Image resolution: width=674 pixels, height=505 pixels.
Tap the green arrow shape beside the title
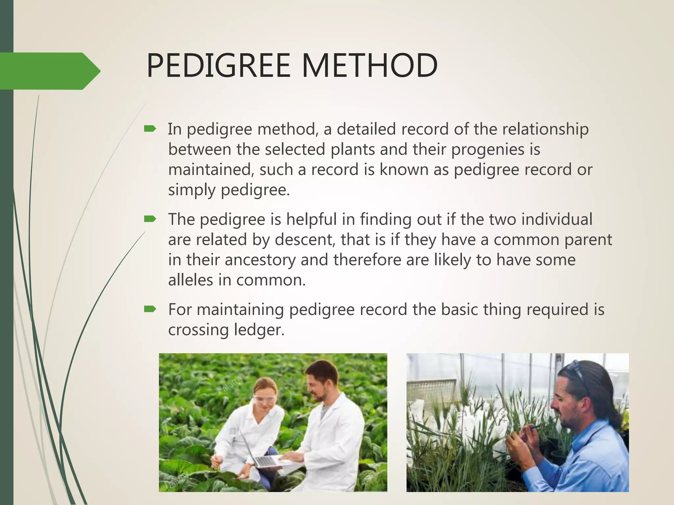point(49,71)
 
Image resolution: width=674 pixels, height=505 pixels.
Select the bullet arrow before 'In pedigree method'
point(150,129)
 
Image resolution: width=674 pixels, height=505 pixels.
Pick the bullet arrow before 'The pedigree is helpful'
point(150,219)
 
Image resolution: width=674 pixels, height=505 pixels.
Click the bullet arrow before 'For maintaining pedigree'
point(150,309)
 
